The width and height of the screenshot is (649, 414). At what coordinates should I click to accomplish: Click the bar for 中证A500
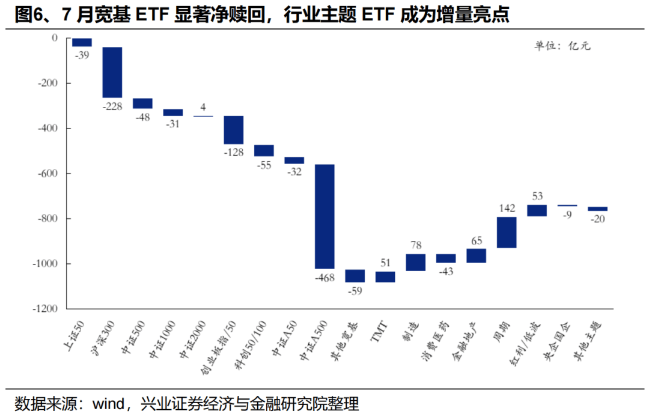(324, 216)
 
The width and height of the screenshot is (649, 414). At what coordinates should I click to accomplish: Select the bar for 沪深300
(112, 72)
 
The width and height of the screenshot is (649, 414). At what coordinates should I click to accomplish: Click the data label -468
(324, 277)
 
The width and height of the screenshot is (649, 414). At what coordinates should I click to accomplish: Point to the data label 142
(507, 209)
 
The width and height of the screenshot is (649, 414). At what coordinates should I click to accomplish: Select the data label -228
(112, 106)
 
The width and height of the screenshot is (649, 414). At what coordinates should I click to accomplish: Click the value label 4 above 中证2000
(203, 108)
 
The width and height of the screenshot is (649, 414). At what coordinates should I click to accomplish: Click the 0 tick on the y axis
(54, 38)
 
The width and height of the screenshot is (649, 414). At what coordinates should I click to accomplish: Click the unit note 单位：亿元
(562, 46)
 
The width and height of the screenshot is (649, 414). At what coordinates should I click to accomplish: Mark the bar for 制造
(416, 263)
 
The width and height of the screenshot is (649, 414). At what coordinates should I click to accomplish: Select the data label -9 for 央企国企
(567, 215)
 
